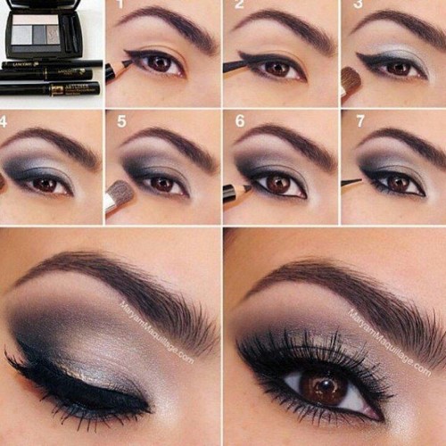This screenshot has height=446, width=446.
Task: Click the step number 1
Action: point(120,5)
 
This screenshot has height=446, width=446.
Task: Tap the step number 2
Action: point(239,5)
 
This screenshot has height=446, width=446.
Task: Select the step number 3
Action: point(358,5)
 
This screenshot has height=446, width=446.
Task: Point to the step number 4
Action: point(4,120)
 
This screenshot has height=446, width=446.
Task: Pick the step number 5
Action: point(120,120)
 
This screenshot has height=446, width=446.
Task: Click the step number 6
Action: point(239,120)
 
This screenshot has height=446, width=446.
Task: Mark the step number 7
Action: point(358,120)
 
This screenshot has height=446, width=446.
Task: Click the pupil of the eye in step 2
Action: point(277,68)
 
